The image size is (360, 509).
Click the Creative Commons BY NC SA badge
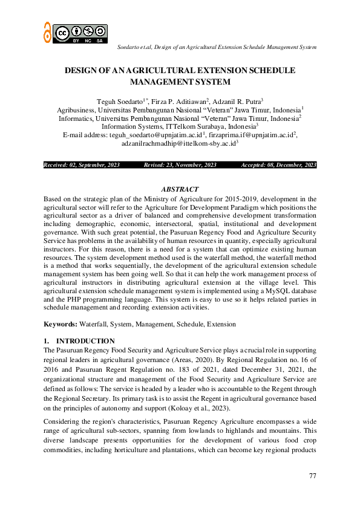click(x=80, y=33)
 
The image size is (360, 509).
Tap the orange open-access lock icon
click(x=47, y=32)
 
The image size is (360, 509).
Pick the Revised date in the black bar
click(x=180, y=165)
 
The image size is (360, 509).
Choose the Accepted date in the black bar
click(x=278, y=165)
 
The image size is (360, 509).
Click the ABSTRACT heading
click(x=180, y=189)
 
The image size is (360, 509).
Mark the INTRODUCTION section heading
click(x=90, y=341)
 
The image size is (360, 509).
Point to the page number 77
click(x=312, y=476)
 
